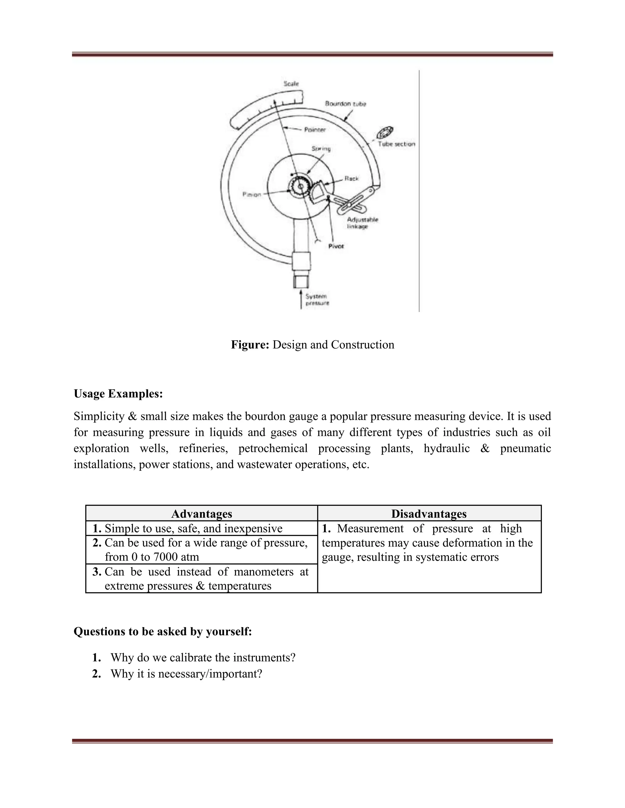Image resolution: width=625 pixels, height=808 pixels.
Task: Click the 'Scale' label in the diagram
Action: [x=291, y=84]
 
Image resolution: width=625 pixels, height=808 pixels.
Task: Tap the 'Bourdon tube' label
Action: [x=345, y=104]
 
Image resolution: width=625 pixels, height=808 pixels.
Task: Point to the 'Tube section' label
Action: [x=396, y=144]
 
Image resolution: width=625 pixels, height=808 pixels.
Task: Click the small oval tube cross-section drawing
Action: [x=385, y=132]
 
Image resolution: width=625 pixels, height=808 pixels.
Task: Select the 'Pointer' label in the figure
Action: [x=315, y=130]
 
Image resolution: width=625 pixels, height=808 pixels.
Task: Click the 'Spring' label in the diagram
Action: [x=321, y=149]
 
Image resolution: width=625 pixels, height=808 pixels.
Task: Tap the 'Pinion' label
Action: [x=252, y=195]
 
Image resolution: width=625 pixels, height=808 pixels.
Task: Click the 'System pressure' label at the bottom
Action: [x=317, y=300]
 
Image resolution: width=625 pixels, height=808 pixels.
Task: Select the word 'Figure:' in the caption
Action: [x=250, y=345]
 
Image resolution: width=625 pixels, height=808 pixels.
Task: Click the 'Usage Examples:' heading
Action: [x=118, y=394]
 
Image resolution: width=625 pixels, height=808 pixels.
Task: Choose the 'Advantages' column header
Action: [x=201, y=514]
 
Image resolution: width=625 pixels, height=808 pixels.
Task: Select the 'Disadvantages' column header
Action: [x=429, y=514]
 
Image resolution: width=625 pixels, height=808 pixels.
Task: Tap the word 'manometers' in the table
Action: [x=264, y=572]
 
